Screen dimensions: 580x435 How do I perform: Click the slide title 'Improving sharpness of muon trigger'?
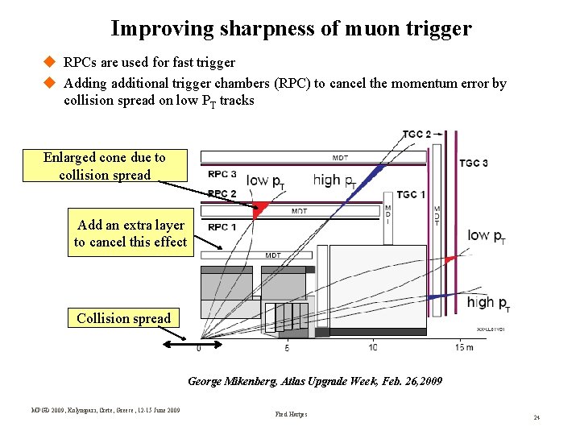291,29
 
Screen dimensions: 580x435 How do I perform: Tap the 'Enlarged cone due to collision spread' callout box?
105,166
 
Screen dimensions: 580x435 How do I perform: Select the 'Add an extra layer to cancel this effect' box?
130,234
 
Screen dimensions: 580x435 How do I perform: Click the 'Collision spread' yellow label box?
123,318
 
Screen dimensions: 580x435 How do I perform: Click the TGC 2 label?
417,134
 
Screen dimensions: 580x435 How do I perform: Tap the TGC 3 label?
474,164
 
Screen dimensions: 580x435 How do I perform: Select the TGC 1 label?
411,195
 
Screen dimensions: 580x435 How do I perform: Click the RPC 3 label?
222,173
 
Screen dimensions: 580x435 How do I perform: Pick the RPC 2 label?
222,194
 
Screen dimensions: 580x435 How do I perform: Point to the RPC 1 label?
222,227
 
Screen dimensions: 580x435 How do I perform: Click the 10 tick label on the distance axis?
372,347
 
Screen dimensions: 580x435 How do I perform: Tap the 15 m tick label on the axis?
464,347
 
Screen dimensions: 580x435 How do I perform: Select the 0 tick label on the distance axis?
199,348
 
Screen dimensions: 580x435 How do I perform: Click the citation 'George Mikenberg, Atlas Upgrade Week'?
315,381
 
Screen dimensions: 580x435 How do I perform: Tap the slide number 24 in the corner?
536,418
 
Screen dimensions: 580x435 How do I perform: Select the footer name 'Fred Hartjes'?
292,415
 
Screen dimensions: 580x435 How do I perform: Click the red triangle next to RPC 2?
259,209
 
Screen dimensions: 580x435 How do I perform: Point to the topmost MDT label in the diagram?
341,157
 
